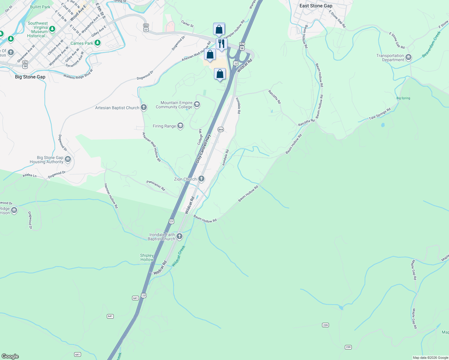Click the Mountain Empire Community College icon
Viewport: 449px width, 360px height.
[197, 104]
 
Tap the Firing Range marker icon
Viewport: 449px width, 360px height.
[180, 126]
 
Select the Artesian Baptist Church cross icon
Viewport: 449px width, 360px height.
[144, 107]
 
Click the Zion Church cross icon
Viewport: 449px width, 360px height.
[201, 179]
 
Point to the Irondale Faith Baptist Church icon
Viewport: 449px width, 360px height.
[179, 236]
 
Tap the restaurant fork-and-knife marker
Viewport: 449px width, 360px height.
[221, 44]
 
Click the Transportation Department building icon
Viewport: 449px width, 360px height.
[408, 57]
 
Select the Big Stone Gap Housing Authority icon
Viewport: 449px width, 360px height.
[68, 159]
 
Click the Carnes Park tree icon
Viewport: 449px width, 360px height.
[97, 43]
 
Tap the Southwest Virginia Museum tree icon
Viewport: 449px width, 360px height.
[52, 29]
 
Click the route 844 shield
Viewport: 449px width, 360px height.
[221, 129]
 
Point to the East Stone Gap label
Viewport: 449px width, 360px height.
[316, 6]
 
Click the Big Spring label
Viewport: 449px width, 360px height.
[403, 98]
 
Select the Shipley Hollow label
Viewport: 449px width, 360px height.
[147, 257]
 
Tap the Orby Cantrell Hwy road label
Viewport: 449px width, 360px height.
[203, 149]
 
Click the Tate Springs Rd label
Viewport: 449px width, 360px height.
[380, 114]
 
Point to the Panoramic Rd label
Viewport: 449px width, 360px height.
[156, 186]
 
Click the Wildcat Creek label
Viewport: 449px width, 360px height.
[179, 256]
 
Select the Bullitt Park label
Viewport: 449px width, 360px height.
[40, 7]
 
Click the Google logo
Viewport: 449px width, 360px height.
[10, 356]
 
